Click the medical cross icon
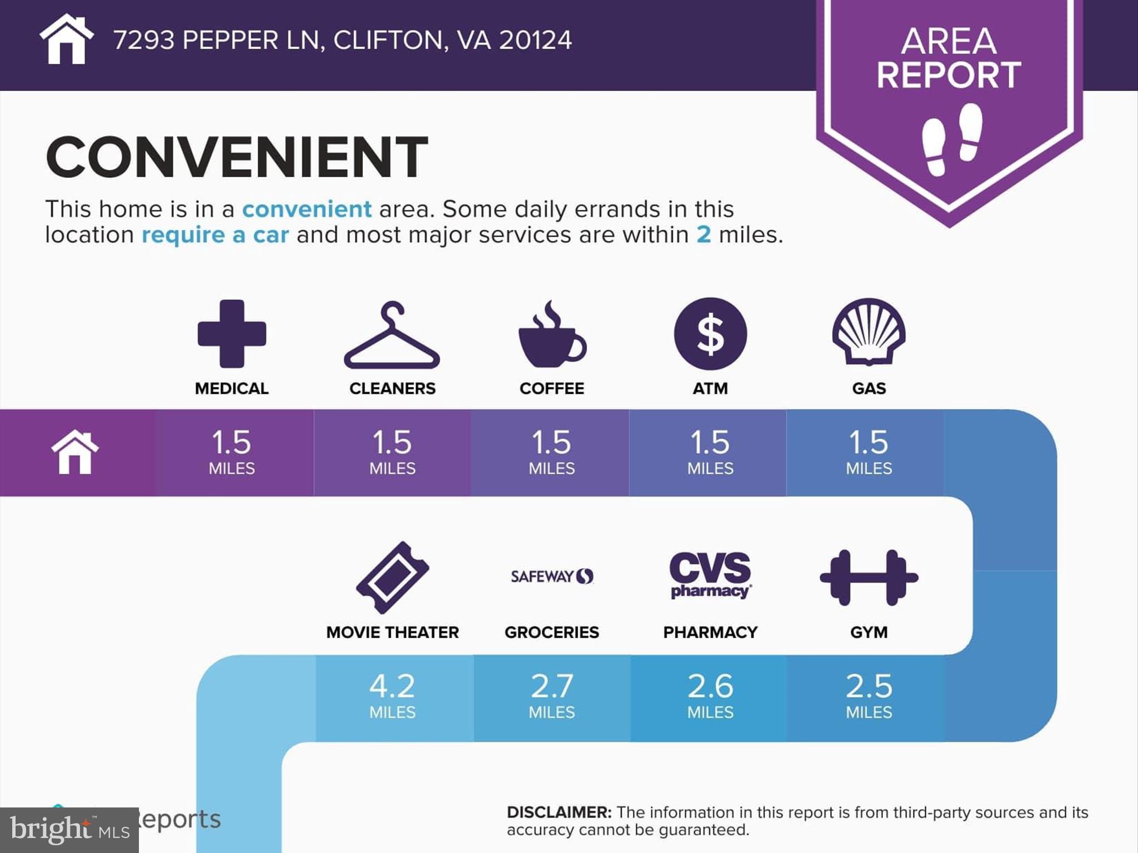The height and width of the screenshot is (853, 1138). tap(232, 334)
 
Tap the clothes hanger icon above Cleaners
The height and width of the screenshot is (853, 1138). tap(392, 335)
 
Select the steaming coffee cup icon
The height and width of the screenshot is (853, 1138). tap(552, 335)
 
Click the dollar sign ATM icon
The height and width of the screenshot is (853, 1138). tap(710, 334)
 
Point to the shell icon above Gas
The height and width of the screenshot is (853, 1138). tap(869, 332)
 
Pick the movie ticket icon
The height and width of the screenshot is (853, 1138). tap(392, 578)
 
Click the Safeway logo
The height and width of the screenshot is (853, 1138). tap(552, 576)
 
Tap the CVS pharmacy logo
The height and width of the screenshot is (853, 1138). tap(710, 575)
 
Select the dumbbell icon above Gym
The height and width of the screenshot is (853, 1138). tap(869, 578)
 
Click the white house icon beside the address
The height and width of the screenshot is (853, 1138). tap(66, 39)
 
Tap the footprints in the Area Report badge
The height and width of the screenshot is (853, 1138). tap(951, 139)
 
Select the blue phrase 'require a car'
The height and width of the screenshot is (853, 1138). tap(215, 235)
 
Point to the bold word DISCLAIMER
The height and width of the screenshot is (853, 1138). tap(558, 812)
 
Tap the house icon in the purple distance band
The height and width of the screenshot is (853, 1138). tap(75, 453)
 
